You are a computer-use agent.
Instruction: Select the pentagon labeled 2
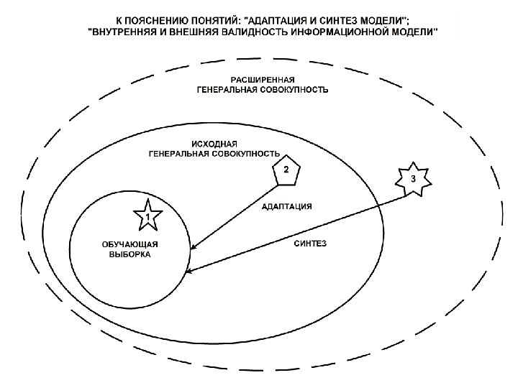click(286, 170)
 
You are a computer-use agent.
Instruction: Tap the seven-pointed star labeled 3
click(413, 179)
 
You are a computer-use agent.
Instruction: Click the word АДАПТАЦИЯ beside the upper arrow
click(286, 205)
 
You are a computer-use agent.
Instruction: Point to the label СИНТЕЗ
click(311, 244)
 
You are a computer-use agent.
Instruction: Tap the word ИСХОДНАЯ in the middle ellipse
click(214, 143)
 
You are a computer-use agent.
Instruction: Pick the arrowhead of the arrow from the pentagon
click(193, 249)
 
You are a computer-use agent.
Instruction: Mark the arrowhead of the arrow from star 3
click(189, 272)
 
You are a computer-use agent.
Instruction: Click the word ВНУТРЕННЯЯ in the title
click(122, 32)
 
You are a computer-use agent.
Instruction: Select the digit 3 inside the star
click(413, 178)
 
